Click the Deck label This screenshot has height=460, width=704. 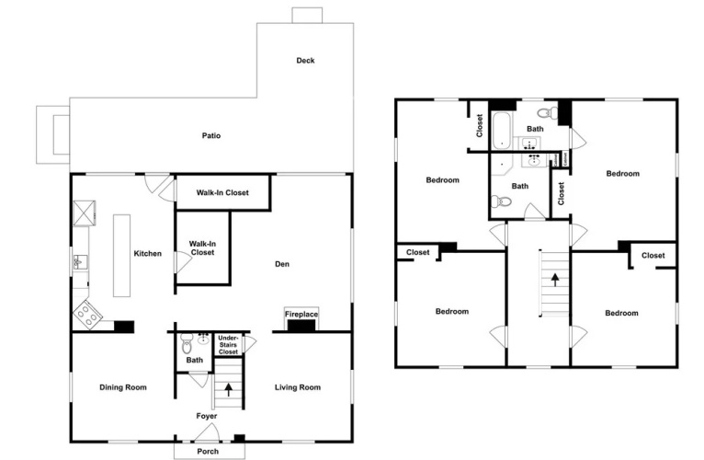tap(305, 60)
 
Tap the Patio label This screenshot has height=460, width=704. tap(211, 135)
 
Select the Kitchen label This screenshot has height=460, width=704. tap(148, 254)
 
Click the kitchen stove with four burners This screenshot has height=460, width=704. tap(87, 315)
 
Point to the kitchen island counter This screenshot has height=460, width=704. tap(121, 256)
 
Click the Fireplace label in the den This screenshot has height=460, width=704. tap(301, 315)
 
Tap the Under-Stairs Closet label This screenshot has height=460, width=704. tap(228, 345)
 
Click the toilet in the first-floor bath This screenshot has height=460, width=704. tap(186, 343)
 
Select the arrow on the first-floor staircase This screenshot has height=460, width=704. tap(229, 389)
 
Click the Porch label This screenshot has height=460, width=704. tap(208, 451)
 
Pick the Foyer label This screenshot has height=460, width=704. tap(207, 416)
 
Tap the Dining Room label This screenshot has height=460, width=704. tap(123, 387)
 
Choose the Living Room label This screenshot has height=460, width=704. tap(298, 387)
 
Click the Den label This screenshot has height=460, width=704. tap(282, 264)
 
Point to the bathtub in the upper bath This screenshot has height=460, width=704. tap(501, 131)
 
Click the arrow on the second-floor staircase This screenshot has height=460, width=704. tap(555, 280)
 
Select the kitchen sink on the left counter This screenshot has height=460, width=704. tap(81, 261)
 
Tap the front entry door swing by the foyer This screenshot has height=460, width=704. tap(208, 432)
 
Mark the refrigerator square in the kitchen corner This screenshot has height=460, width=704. tap(85, 213)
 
